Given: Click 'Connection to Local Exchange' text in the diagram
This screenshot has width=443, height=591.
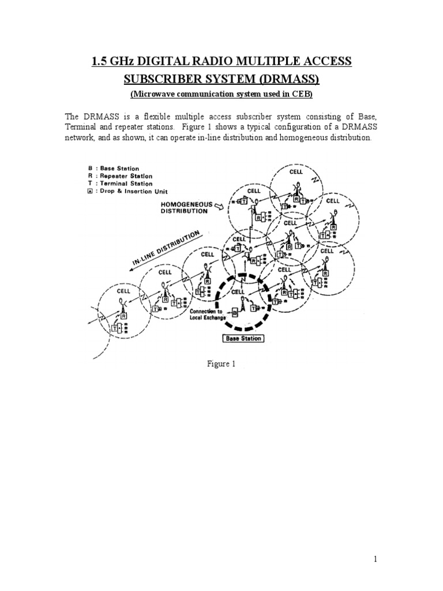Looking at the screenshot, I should [204, 316].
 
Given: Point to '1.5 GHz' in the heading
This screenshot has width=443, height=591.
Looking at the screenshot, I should [113, 61].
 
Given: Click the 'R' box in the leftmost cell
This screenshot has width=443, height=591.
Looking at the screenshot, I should [123, 316].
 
